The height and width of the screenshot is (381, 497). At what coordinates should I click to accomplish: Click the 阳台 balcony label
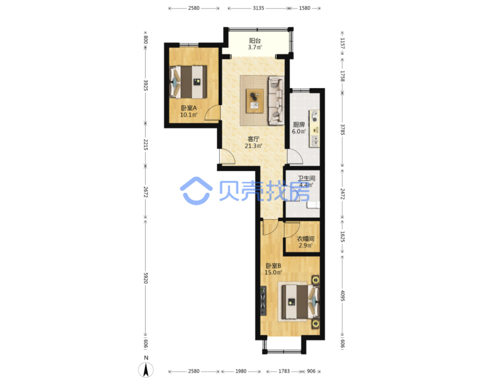coord(255,41)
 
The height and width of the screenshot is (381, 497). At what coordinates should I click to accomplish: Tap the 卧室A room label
coord(189,108)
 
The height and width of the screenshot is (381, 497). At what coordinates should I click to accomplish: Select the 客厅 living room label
coord(253,139)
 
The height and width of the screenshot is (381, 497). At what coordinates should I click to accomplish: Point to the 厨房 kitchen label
coord(299,124)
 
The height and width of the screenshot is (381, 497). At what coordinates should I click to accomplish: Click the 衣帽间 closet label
coord(306,239)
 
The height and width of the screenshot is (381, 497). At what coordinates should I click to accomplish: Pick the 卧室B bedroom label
coord(273,266)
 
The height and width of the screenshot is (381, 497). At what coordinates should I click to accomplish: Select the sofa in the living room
coord(276,101)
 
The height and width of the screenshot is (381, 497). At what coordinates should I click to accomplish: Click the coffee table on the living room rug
coord(254,101)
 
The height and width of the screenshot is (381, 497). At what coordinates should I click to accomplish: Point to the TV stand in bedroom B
coord(263,301)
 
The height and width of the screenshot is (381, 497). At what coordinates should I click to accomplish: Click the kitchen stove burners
coord(315,116)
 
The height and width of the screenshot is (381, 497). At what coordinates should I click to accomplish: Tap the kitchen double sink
coord(315,141)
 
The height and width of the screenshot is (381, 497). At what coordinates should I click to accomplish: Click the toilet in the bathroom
coord(313,205)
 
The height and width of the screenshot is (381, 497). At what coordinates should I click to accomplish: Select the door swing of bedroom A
coord(212,112)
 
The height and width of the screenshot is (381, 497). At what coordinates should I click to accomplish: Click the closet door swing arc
coord(292,230)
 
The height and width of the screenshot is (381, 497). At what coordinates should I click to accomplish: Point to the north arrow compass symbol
coord(146,369)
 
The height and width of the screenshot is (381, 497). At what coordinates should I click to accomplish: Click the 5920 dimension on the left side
coord(146,278)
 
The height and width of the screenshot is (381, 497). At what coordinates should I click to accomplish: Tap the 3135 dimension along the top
coord(258,8)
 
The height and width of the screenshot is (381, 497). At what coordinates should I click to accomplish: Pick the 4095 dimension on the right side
coord(343,296)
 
